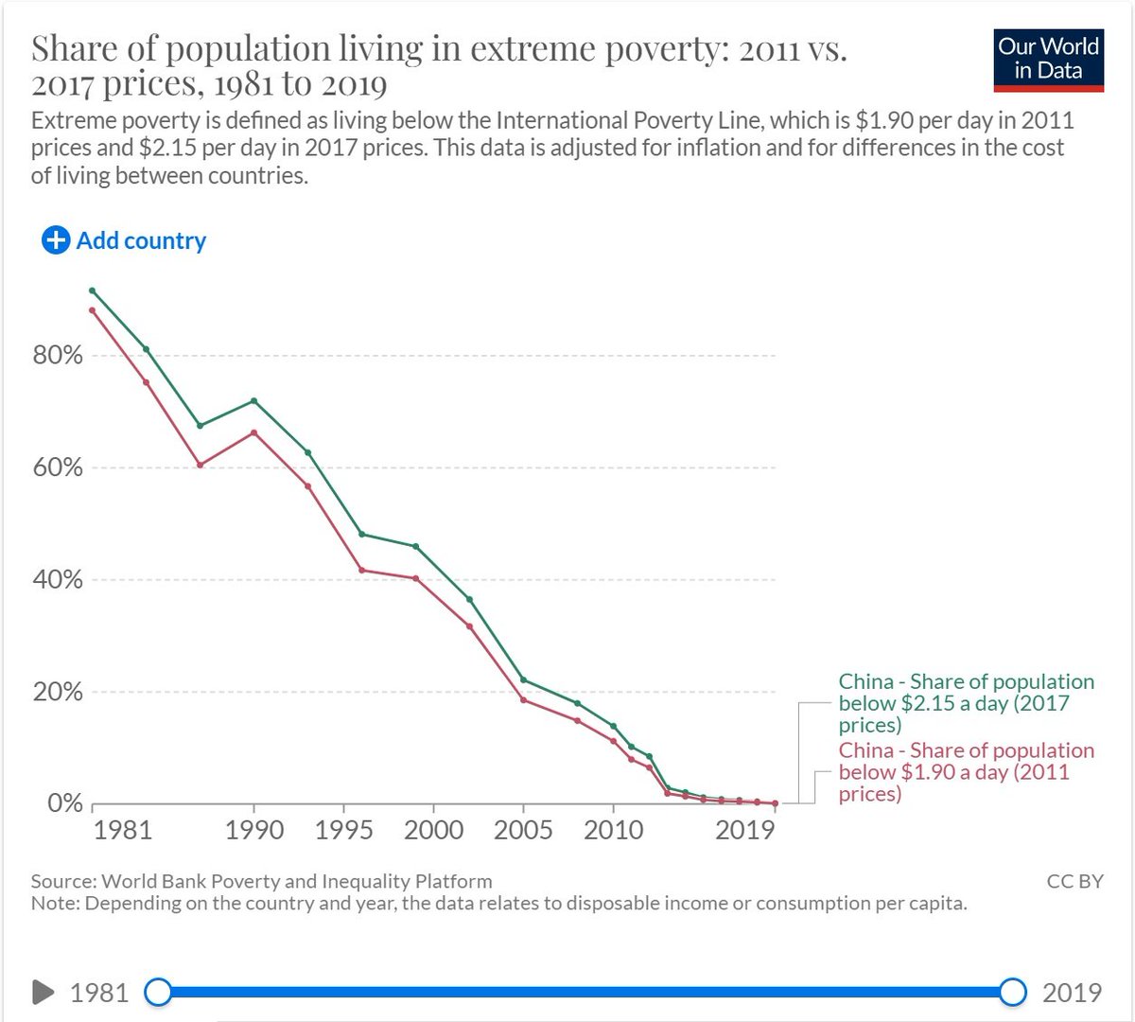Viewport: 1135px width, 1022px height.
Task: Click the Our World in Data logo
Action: coord(1048,60)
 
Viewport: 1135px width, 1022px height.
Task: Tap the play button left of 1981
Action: coord(44,992)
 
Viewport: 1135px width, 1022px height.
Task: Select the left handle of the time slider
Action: coord(159,992)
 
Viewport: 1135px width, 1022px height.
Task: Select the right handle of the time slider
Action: coord(1013,992)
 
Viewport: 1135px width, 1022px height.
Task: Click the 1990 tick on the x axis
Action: coord(254,830)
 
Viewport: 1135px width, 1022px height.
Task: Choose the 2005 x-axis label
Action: coord(523,830)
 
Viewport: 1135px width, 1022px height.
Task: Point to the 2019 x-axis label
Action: coord(745,830)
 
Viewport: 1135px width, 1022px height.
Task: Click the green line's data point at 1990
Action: coord(254,400)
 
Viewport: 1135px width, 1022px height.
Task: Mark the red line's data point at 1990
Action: coord(254,432)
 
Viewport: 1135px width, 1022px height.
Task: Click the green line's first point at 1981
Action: coord(92,291)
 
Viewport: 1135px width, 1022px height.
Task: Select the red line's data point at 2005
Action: coord(523,699)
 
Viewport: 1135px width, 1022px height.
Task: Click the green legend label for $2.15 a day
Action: coord(966,703)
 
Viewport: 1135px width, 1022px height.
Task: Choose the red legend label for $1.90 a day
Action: coord(966,771)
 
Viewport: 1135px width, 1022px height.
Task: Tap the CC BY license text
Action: coord(1074,881)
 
